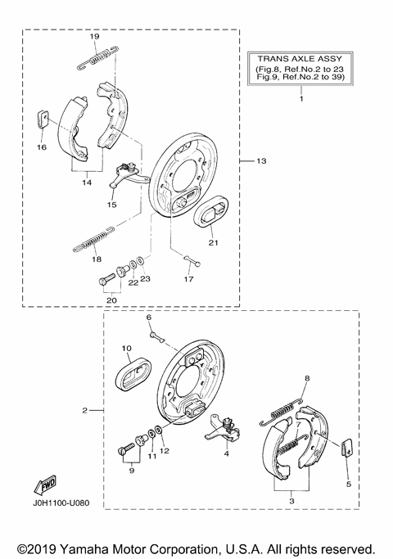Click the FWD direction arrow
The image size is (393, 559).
tap(45, 485)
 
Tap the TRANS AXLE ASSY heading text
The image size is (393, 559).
tap(300, 58)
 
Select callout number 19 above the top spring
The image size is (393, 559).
tap(94, 36)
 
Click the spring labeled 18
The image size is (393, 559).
tap(93, 240)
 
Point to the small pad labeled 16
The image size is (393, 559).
tap(43, 119)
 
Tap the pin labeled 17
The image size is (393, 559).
tap(192, 261)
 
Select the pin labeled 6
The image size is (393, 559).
tap(156, 336)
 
